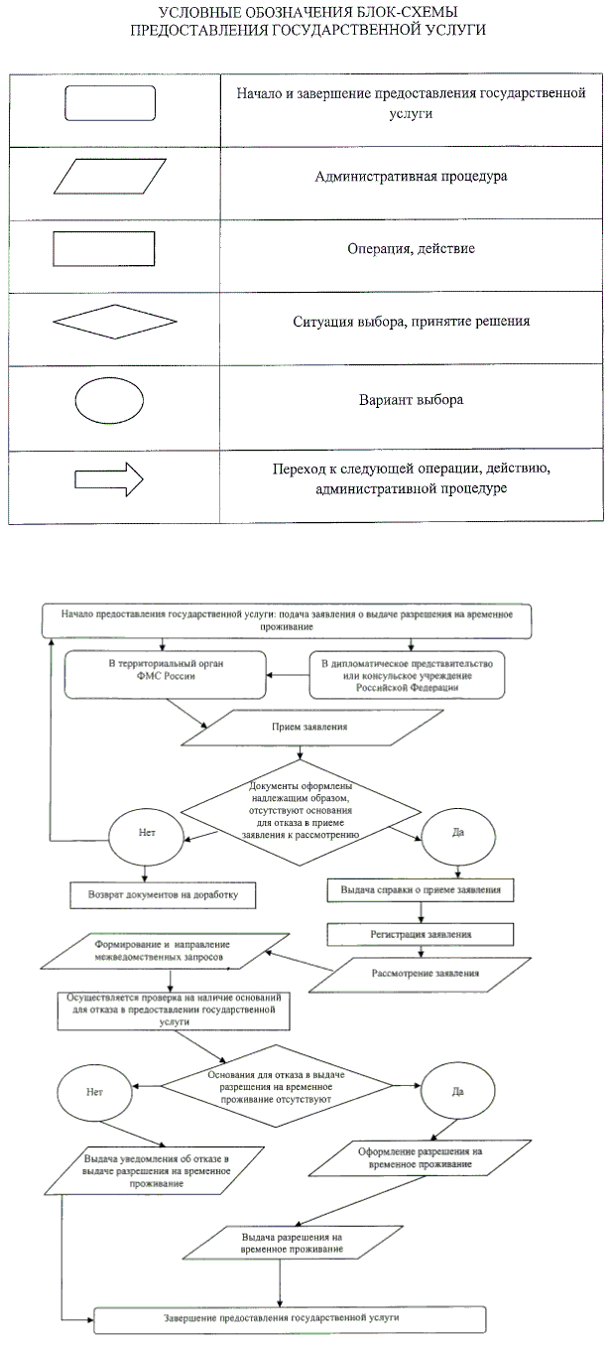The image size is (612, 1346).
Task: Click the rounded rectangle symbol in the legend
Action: pyautogui.click(x=110, y=103)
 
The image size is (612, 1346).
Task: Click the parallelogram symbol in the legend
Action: pyautogui.click(x=110, y=177)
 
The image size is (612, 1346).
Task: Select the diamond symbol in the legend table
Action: pyautogui.click(x=114, y=322)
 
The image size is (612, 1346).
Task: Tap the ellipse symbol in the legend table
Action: pyautogui.click(x=109, y=400)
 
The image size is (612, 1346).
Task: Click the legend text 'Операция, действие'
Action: pyautogui.click(x=410, y=248)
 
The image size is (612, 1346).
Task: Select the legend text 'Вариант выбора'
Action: pyautogui.click(x=411, y=401)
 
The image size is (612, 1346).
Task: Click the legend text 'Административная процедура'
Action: pyautogui.click(x=411, y=177)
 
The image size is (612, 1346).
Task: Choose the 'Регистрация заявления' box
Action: pyautogui.click(x=422, y=935)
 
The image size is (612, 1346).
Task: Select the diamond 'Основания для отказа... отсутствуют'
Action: pyautogui.click(x=291, y=1087)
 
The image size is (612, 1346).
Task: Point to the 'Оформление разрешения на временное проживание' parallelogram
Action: pyautogui.click(x=420, y=1157)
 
